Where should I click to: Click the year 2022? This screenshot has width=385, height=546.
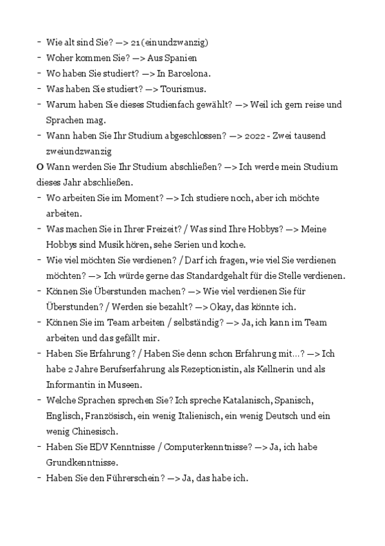(254, 136)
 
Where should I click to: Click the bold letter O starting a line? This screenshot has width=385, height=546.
(40, 167)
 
